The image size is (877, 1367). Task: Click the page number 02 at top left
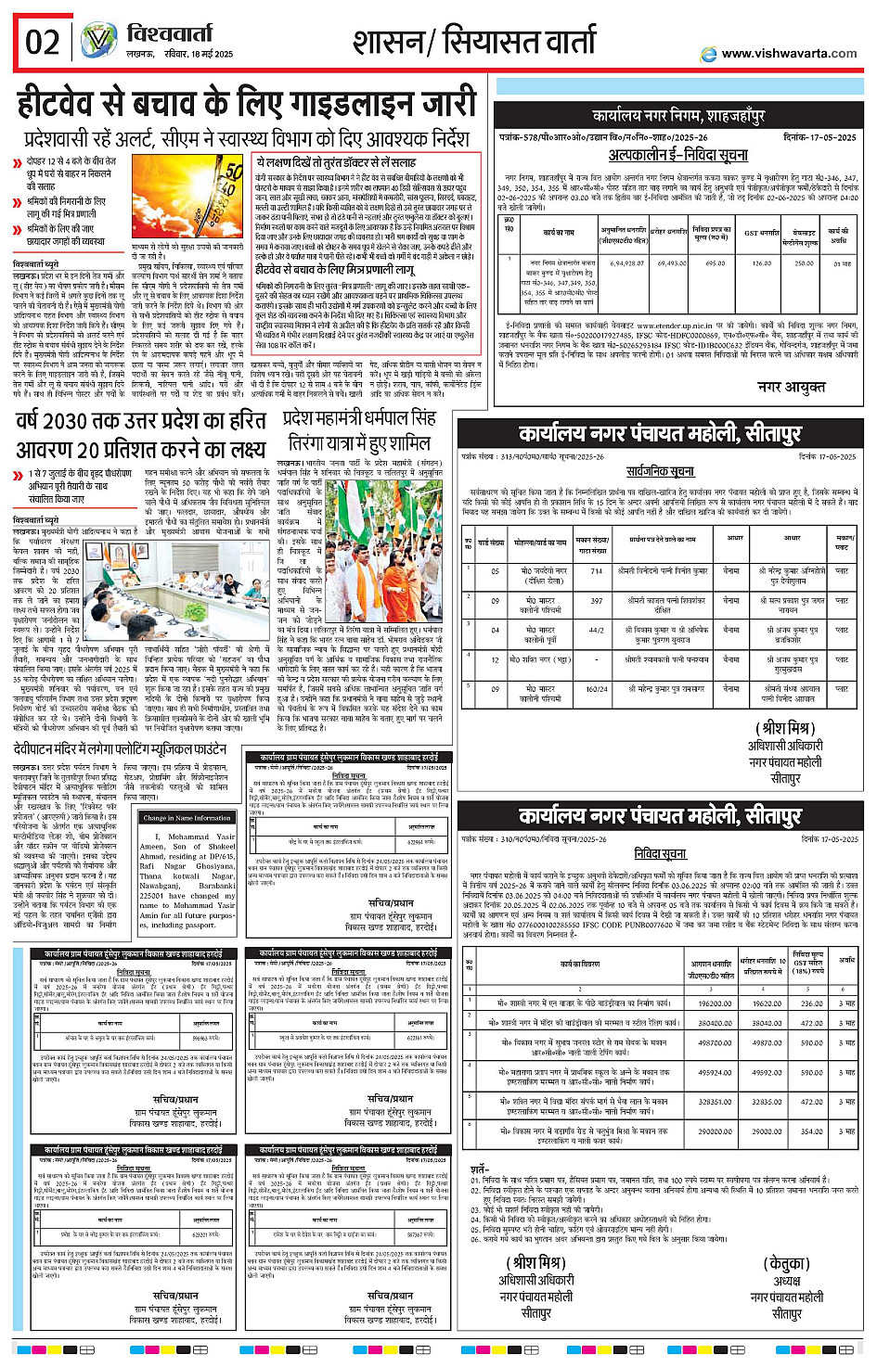(43, 42)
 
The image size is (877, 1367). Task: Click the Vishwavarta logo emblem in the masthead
(98, 41)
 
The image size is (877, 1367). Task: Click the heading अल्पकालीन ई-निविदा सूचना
(677, 156)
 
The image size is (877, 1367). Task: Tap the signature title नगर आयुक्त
(791, 387)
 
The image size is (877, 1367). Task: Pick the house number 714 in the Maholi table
(597, 571)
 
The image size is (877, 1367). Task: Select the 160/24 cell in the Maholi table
(597, 689)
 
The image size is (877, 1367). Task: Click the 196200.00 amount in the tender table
(715, 1003)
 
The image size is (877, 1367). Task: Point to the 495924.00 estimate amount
(715, 1073)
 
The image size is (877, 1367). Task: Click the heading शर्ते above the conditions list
(479, 1169)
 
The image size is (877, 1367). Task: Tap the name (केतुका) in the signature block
(787, 1264)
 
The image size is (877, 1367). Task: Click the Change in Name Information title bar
(187, 818)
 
